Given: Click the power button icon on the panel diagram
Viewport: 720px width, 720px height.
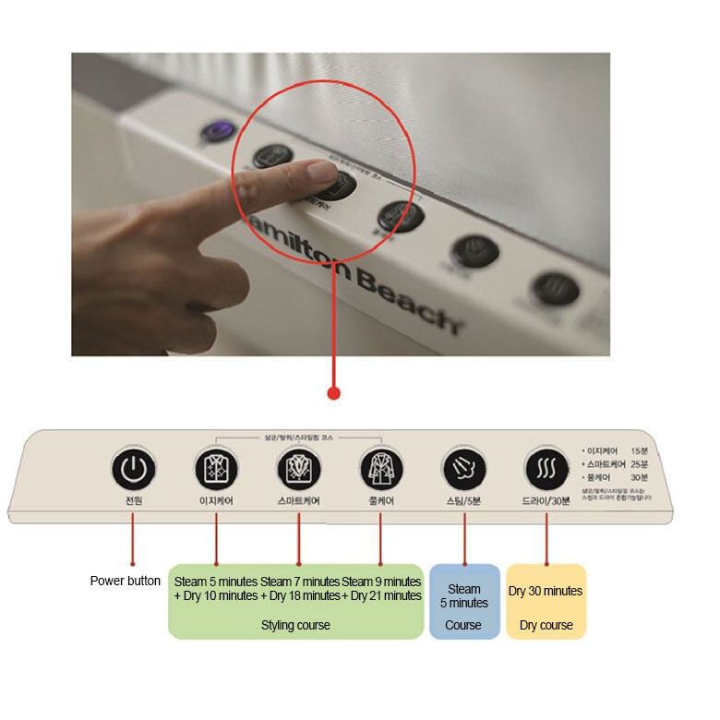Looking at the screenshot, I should tap(134, 469).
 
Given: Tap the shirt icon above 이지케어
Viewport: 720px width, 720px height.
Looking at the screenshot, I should tap(216, 469).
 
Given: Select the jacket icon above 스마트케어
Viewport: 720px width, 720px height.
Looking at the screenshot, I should tap(299, 469).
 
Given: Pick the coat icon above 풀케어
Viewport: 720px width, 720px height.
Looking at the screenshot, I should tap(380, 469).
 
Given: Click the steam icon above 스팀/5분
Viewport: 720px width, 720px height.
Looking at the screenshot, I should tap(463, 469).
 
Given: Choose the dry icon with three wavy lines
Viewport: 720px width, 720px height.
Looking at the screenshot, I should tap(546, 469).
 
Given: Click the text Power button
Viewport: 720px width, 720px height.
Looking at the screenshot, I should tap(126, 581).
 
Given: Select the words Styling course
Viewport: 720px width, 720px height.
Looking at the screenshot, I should tap(295, 625).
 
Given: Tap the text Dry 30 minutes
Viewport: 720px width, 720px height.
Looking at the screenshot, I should tap(546, 591).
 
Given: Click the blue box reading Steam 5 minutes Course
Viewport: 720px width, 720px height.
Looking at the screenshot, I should tap(464, 602).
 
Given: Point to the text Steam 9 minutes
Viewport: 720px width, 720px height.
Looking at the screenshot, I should tap(381, 582).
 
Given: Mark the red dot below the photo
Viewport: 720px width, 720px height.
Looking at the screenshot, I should tap(334, 393).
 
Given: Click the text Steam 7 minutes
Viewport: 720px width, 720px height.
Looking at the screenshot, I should tap(300, 582).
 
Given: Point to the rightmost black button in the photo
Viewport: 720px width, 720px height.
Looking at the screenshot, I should tap(556, 288).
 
